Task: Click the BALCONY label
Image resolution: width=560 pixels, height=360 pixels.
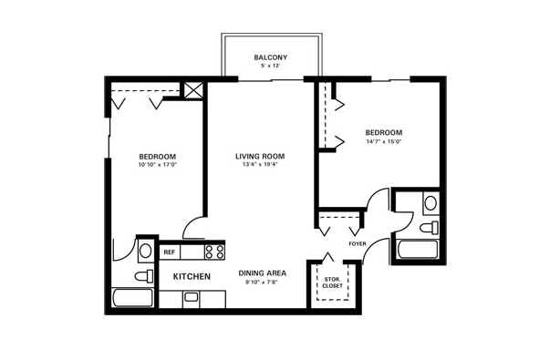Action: (270, 57)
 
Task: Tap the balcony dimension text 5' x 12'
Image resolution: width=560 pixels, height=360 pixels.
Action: (270, 66)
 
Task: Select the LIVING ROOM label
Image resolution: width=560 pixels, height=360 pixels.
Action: (260, 156)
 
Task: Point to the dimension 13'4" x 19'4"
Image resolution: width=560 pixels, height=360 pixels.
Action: (260, 164)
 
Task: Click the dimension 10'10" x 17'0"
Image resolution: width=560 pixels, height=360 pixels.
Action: (158, 165)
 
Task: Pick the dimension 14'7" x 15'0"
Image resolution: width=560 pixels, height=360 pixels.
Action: (384, 141)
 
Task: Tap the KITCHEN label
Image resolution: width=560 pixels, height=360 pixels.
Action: (192, 276)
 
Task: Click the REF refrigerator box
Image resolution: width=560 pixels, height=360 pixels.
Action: (170, 252)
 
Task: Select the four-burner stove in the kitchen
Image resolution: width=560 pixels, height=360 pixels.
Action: (214, 252)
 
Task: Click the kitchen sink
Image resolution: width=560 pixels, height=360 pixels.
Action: (191, 297)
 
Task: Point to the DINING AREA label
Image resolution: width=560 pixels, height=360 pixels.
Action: (262, 273)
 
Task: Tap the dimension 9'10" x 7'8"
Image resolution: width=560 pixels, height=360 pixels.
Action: (262, 282)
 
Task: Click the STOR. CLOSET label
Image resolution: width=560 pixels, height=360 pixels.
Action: (333, 283)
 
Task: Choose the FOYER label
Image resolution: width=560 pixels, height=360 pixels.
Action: (358, 244)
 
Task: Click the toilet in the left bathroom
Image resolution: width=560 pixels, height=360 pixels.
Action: (144, 276)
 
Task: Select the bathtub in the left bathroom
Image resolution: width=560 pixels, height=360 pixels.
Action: (132, 298)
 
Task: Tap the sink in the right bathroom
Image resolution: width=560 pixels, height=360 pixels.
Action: (431, 203)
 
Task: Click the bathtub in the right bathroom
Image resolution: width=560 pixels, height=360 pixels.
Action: (418, 250)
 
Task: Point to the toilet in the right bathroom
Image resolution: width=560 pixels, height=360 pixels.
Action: (429, 228)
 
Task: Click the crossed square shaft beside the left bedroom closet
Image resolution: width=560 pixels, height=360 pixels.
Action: (193, 90)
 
